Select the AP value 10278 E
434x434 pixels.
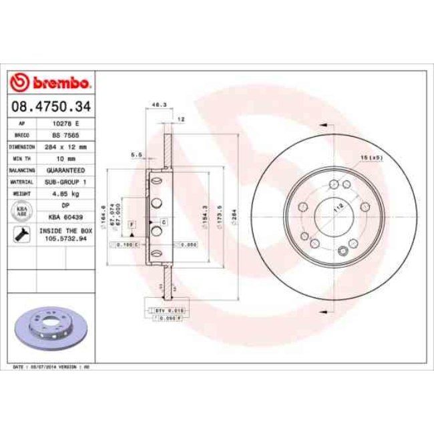(65, 124)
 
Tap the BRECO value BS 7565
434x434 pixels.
(65, 136)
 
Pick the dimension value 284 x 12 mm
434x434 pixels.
(65, 147)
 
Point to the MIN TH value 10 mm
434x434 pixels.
(65, 159)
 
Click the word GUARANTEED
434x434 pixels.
(65, 170)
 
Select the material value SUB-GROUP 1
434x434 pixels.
(65, 182)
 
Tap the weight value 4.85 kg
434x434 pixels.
(65, 194)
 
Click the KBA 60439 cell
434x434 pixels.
(65, 217)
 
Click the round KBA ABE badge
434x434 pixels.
(21, 212)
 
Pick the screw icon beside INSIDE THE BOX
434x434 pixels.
(21, 234)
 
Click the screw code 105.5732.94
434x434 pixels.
(65, 238)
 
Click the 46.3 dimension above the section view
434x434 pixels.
(160, 105)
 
